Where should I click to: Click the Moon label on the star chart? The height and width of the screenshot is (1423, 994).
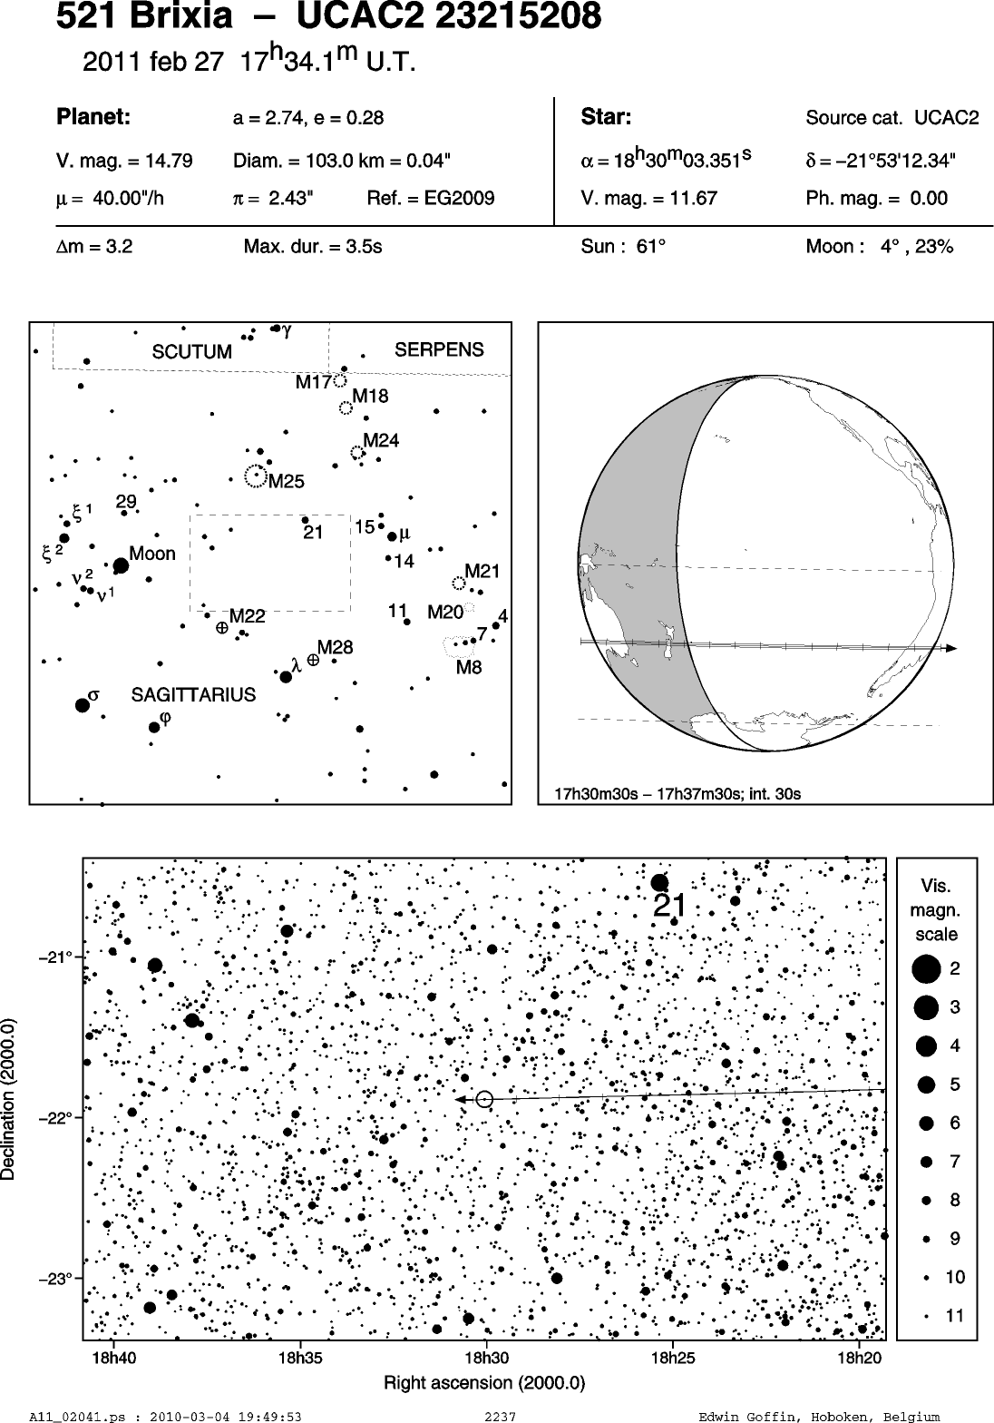[x=151, y=554]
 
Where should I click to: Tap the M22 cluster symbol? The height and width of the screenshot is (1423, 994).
[x=222, y=628]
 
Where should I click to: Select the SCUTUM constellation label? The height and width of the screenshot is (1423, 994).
[x=191, y=352]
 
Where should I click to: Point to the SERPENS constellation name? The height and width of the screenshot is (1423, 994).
[x=439, y=349]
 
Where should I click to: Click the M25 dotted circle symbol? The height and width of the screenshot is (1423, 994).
[x=255, y=476]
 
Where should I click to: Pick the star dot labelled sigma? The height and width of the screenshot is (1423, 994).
[x=82, y=705]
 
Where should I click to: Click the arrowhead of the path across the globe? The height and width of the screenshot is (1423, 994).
[x=950, y=648]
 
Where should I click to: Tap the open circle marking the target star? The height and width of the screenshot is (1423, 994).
[x=484, y=1098]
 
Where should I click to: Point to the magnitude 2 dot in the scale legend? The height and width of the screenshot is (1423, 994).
[x=926, y=969]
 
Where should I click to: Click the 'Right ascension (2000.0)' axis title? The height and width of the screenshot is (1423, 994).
[x=484, y=1382]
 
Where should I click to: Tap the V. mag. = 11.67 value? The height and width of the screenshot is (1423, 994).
[x=648, y=199]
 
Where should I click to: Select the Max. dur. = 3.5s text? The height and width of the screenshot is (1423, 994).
[x=313, y=247]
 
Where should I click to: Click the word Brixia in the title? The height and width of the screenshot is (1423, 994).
[x=181, y=15]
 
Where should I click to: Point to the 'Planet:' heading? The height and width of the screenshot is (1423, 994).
[x=93, y=117]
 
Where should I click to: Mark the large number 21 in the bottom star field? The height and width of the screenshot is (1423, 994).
[x=669, y=906]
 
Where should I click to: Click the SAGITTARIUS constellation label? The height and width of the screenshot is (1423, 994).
[x=193, y=695]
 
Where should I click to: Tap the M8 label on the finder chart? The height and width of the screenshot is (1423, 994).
[x=469, y=667]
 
